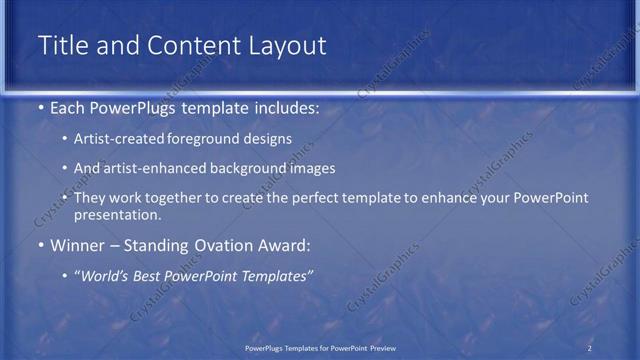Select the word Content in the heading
186,46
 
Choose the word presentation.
117,214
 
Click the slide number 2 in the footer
590,348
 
